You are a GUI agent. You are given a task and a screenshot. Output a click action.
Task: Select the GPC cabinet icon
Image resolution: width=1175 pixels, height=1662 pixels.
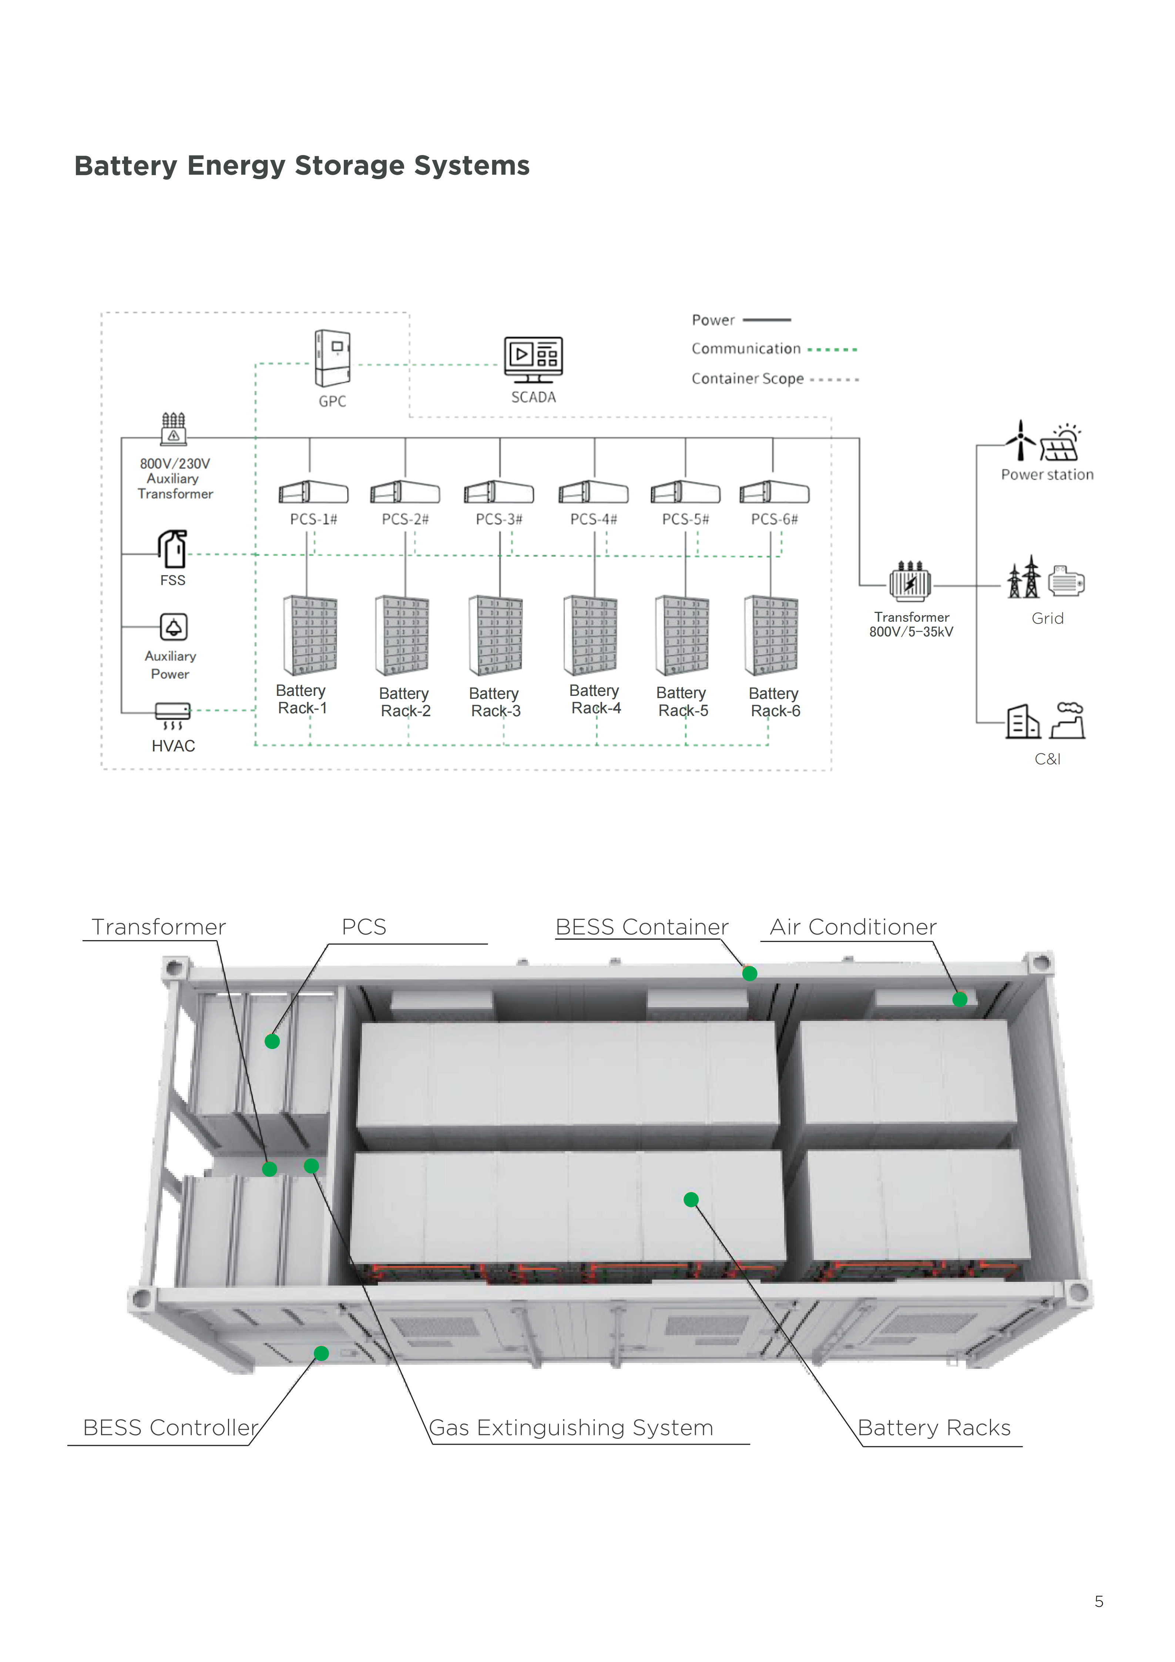(x=332, y=358)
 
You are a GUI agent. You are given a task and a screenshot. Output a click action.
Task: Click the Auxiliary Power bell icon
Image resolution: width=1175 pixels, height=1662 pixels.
(x=174, y=627)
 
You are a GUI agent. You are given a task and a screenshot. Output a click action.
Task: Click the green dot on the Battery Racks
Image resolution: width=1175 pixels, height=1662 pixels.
(x=691, y=1199)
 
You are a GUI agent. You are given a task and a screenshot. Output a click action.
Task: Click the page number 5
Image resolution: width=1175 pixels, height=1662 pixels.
(x=1098, y=1601)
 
